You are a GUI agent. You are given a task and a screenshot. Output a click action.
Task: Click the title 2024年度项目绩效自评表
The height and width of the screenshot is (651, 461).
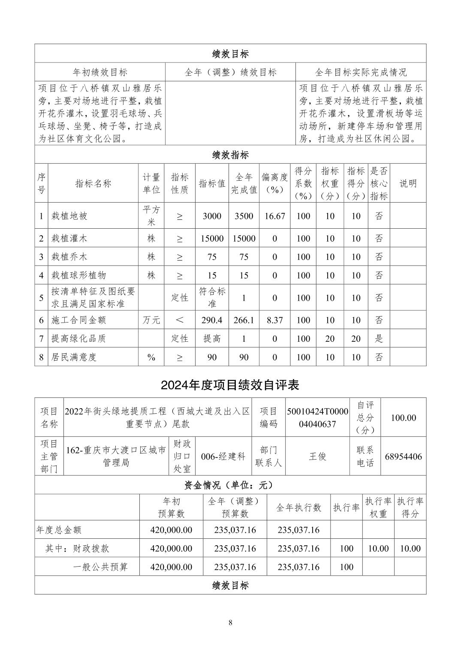[230, 385]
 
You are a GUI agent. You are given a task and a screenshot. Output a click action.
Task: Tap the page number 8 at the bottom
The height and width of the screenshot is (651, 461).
[230, 623]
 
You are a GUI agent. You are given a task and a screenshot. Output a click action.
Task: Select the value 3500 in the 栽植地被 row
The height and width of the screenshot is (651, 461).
[244, 216]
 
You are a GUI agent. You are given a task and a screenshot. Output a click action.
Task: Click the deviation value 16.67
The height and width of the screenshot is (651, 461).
[274, 216]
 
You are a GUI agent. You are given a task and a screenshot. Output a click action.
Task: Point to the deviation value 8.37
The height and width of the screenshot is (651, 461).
[274, 320]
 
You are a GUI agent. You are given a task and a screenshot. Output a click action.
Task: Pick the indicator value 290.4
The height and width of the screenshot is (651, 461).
[212, 320]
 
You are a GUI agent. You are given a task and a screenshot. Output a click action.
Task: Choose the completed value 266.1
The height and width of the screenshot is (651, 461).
[244, 320]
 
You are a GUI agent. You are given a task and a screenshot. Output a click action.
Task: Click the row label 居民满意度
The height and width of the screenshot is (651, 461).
[74, 357]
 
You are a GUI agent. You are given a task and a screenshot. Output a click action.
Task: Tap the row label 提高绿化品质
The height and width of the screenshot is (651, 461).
[78, 338]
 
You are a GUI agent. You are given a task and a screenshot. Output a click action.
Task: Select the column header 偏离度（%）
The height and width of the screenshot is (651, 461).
[274, 183]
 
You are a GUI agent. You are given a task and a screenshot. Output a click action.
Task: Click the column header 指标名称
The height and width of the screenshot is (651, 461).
[93, 183]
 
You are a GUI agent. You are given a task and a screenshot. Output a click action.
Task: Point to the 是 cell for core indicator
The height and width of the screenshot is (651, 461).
[379, 338]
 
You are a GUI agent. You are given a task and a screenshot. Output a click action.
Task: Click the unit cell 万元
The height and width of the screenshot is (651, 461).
[151, 320]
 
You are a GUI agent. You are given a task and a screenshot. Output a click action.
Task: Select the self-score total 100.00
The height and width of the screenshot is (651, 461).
[403, 418]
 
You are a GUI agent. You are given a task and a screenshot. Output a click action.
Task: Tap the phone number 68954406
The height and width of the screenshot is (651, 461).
[403, 457]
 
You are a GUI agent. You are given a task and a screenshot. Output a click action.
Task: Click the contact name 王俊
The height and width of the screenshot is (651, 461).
[318, 457]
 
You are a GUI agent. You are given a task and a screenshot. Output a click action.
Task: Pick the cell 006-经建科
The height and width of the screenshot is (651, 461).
[223, 457]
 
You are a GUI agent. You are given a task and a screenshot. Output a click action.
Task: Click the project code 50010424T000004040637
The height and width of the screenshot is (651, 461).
[318, 418]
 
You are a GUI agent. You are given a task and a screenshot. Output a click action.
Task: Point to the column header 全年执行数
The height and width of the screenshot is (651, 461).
[298, 508]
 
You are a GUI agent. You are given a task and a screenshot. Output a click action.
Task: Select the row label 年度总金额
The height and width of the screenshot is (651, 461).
[59, 530]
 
